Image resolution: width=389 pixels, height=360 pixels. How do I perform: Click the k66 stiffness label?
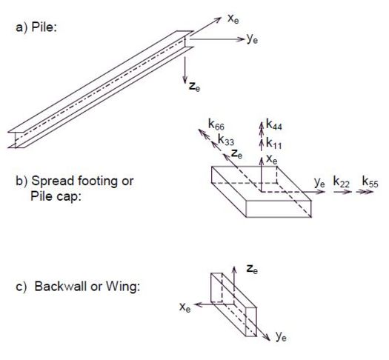[216, 124]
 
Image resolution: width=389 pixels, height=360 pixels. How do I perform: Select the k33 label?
[226, 139]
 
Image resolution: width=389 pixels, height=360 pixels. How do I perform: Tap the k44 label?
[274, 124]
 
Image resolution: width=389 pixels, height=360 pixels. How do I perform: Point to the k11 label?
[274, 143]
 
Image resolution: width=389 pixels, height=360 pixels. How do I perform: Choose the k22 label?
[342, 182]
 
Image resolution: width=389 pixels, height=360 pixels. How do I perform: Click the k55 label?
[370, 181]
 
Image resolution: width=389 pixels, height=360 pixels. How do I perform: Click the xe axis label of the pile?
[233, 19]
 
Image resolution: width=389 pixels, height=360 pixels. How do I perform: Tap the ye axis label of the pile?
[253, 39]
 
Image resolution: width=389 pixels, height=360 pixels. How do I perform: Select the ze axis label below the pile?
[194, 87]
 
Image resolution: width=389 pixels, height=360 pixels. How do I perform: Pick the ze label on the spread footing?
[236, 154]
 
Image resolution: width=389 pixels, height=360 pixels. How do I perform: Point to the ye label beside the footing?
[319, 183]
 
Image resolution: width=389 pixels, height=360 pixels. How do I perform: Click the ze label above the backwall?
[253, 269]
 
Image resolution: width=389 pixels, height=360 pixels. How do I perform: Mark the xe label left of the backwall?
[185, 307]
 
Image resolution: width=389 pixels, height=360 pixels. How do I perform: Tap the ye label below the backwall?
[281, 337]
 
